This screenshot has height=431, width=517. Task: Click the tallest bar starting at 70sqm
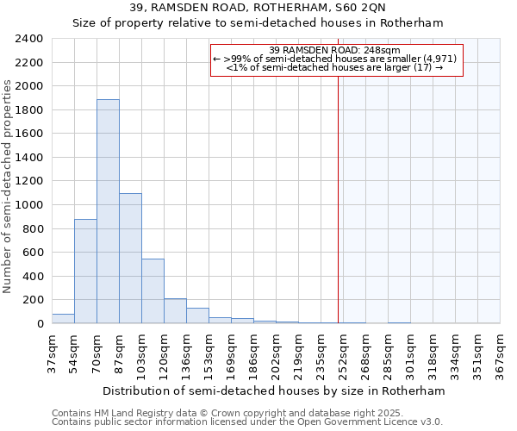(x=108, y=211)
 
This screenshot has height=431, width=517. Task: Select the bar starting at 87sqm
(x=130, y=259)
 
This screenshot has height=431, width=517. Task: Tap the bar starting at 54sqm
(x=85, y=272)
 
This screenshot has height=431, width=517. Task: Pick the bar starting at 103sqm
(x=153, y=291)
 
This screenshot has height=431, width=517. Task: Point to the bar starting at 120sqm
(x=175, y=311)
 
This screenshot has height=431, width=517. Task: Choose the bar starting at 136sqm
(x=197, y=315)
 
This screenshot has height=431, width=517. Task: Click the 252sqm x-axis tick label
(x=344, y=350)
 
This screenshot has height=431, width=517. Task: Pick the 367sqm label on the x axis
(x=501, y=350)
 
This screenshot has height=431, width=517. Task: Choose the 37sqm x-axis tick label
(x=53, y=350)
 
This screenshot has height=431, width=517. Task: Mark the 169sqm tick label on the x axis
(x=232, y=350)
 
